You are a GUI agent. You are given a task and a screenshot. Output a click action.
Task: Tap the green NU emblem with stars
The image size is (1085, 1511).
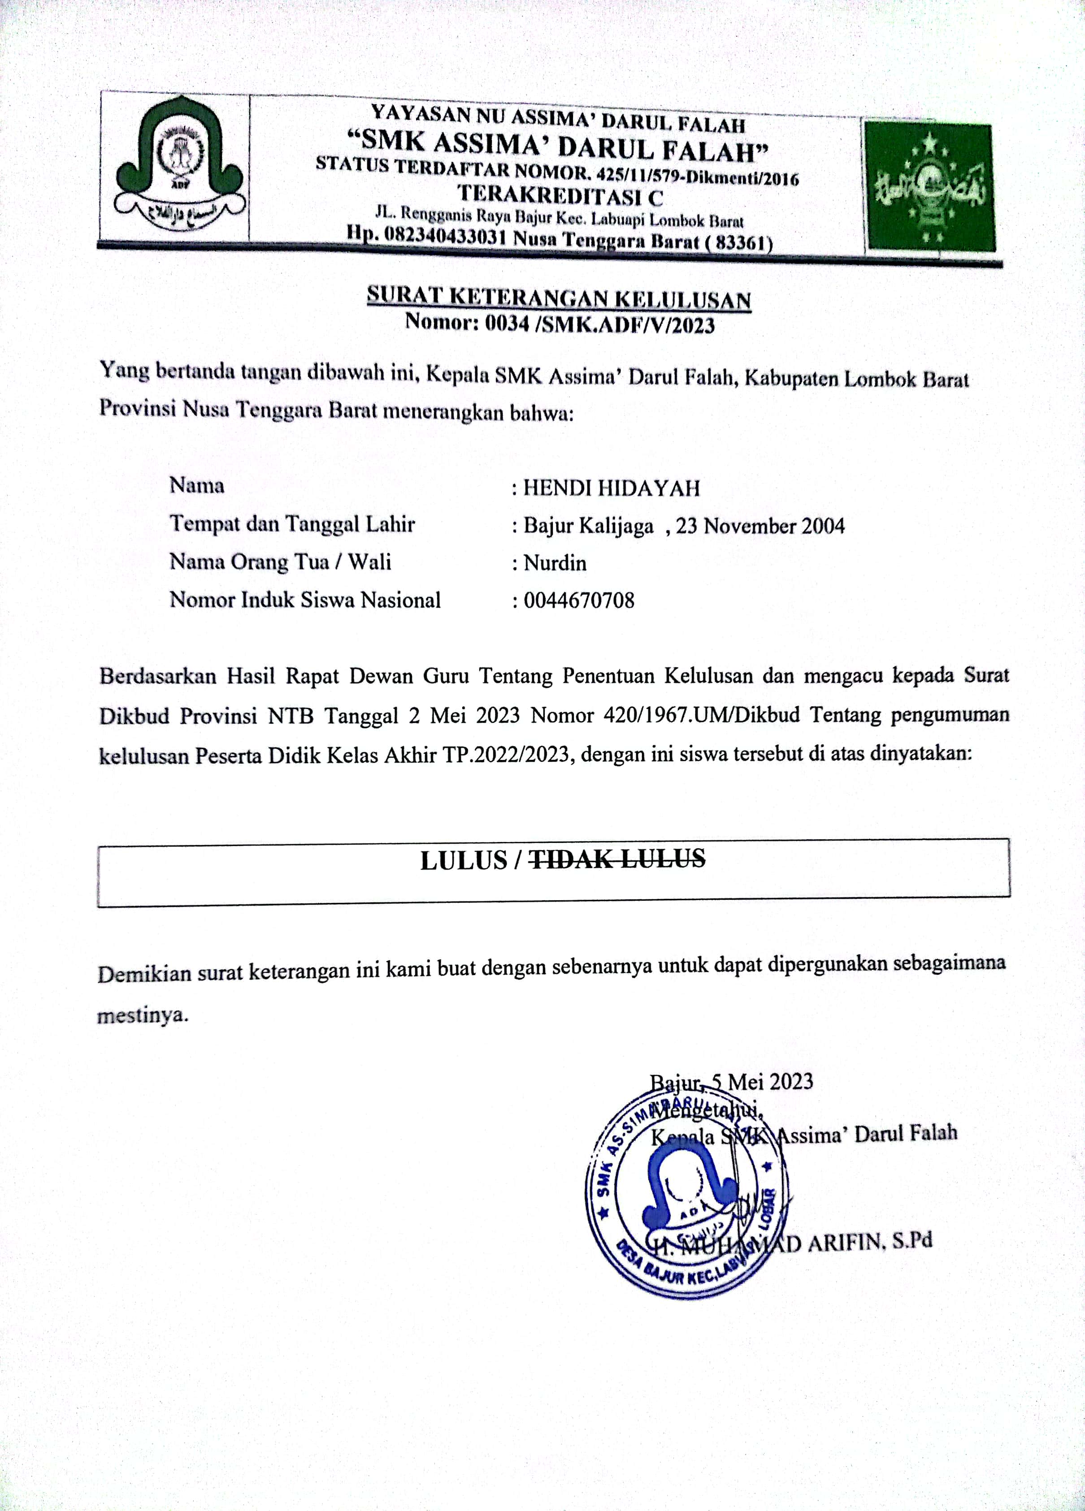930,186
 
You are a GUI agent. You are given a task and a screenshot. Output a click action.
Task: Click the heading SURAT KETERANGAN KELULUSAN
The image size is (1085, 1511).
559,298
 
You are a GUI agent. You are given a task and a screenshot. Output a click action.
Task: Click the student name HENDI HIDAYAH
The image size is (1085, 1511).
611,488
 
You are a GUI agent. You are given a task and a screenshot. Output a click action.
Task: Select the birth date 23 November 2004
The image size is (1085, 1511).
760,527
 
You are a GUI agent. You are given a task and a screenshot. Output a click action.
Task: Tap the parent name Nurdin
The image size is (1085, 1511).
555,564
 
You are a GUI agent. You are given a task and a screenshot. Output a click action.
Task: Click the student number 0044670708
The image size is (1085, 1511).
578,601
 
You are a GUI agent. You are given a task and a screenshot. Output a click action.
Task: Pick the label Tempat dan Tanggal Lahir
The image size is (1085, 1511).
292,524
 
